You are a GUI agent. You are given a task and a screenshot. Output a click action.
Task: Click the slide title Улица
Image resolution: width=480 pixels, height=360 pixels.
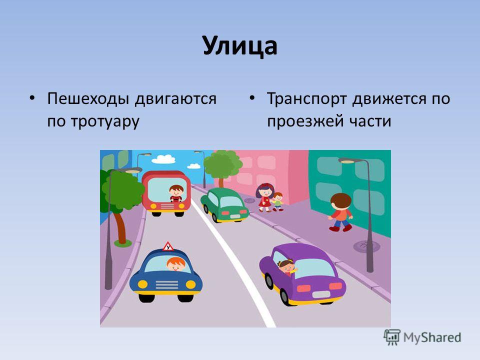point(240,46)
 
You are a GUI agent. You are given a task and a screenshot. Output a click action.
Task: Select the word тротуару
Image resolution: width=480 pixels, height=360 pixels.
point(105,121)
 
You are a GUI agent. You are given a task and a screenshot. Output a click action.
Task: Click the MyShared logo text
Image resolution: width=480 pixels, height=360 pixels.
point(432,337)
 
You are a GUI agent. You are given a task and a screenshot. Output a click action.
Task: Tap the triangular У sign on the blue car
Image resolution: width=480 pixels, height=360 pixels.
point(168,246)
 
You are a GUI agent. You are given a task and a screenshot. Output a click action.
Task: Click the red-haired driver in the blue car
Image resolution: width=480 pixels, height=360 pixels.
point(176,264)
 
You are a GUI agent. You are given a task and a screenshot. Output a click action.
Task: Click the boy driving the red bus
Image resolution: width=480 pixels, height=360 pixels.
point(176,193)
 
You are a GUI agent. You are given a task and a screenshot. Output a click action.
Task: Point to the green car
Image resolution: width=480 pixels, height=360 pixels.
point(224,205)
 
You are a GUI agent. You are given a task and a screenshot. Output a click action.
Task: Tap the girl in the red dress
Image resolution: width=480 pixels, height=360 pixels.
point(265,197)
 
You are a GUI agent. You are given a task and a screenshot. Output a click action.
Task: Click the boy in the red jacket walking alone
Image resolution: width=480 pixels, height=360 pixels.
point(340,212)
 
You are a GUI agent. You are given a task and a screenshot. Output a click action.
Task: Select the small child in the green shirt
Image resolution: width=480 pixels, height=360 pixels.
point(278,201)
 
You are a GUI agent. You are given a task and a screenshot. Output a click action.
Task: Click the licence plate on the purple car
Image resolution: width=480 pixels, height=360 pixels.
point(321,294)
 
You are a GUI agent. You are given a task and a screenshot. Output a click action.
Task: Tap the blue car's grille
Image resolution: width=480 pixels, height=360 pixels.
point(166,284)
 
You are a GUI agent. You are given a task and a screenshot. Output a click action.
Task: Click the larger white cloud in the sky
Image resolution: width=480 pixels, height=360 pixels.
point(163,159)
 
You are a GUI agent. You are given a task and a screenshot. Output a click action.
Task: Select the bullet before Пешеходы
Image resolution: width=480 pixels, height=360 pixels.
point(32,98)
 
